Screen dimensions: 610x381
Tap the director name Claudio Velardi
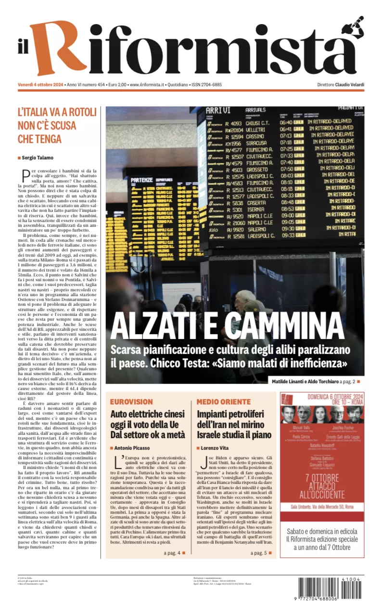(x=350, y=85)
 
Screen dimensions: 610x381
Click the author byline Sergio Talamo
(x=38, y=157)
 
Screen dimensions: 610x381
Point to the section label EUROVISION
(x=131, y=402)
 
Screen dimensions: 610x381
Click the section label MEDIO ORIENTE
(x=224, y=402)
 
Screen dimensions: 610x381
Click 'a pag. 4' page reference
(x=172, y=553)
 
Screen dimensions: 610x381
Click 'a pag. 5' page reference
(x=260, y=553)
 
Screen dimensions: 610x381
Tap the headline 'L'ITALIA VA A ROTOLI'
(x=57, y=112)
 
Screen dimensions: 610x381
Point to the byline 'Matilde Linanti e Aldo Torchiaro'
(x=304, y=382)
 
